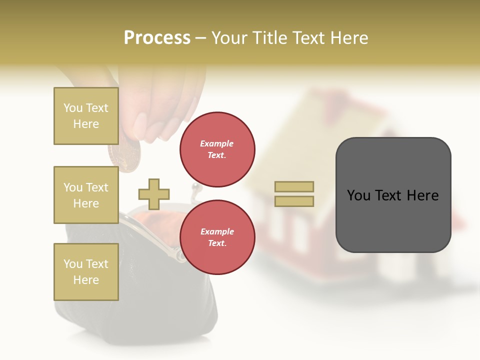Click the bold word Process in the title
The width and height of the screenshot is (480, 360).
157,38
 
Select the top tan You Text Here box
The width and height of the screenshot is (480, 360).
86,116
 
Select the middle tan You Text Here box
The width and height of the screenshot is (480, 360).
86,195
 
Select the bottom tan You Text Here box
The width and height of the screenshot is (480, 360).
86,271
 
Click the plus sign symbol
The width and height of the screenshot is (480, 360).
154,194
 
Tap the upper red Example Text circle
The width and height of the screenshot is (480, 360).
217,149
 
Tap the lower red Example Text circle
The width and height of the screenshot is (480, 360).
217,237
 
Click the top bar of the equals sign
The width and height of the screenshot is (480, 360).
294,186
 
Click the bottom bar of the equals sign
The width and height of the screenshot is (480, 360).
294,201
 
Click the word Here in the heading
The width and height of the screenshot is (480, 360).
348,38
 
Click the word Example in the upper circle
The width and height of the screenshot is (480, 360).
216,143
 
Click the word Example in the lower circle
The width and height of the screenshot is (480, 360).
217,231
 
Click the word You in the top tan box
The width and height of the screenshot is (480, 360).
72,108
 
